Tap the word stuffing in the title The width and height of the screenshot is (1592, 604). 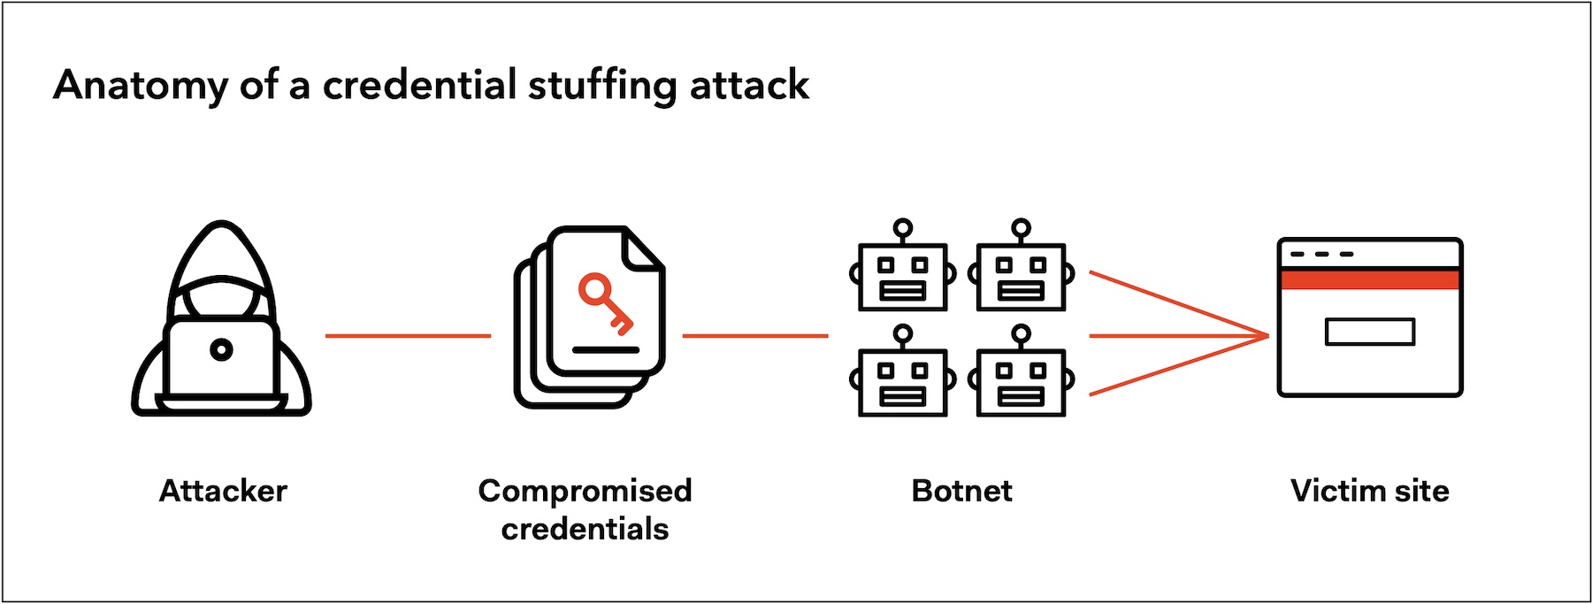click(x=602, y=86)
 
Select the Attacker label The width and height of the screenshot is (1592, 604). click(x=223, y=491)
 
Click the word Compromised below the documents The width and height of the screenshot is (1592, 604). click(x=585, y=492)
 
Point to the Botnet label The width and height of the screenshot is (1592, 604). click(x=961, y=491)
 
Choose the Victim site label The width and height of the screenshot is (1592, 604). click(x=1369, y=491)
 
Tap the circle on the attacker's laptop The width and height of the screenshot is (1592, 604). click(x=221, y=350)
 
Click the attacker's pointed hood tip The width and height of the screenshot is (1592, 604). click(x=222, y=224)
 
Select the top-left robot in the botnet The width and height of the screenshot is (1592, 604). click(x=903, y=265)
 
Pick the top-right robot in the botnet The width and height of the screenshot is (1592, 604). click(x=1022, y=265)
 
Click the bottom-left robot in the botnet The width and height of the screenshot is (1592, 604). click(x=903, y=371)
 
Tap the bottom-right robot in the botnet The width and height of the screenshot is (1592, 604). click(x=1022, y=371)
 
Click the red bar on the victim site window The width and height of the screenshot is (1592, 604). click(x=1370, y=279)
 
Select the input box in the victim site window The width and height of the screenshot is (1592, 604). click(x=1370, y=332)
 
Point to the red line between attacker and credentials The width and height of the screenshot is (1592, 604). click(x=408, y=336)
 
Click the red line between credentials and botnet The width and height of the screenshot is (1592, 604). click(x=755, y=336)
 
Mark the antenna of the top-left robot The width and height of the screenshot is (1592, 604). click(x=903, y=231)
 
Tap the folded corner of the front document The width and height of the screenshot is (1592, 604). click(x=644, y=248)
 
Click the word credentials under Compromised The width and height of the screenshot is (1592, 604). click(x=585, y=529)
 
